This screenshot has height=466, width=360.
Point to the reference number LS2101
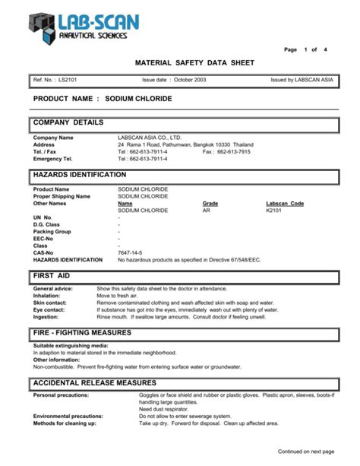(69, 80)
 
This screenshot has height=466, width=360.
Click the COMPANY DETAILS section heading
(69, 122)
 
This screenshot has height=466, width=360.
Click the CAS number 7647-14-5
(129, 252)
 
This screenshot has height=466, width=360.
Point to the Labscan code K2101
(273, 210)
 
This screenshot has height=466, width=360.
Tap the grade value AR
(207, 210)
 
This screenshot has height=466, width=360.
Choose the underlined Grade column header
(210, 203)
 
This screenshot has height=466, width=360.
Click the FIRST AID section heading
(52, 274)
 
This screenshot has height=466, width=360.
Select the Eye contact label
(50, 309)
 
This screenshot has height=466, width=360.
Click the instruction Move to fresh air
(122, 296)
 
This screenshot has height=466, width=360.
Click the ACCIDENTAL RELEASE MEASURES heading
(94, 382)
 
